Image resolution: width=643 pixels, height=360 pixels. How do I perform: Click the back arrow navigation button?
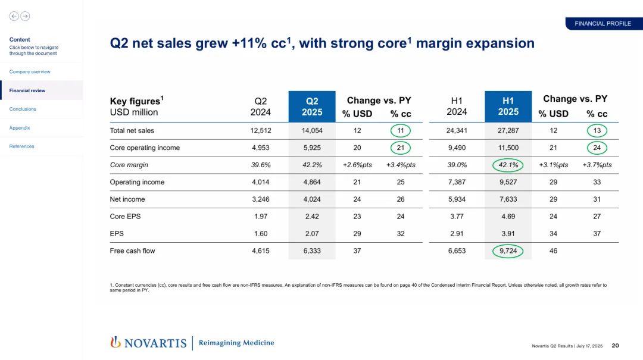point(14,16)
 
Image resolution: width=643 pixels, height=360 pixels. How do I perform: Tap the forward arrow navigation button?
point(25,16)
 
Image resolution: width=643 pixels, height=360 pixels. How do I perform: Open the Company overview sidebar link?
point(30,71)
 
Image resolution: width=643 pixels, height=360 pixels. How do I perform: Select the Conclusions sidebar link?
point(23,109)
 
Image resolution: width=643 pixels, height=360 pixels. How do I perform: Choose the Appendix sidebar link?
point(20,128)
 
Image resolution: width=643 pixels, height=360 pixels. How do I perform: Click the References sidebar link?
point(22,146)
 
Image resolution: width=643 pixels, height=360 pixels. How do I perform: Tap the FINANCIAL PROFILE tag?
point(603,24)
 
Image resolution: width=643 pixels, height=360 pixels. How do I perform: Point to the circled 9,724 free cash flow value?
point(508,251)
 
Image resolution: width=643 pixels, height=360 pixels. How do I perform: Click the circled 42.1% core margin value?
point(508,165)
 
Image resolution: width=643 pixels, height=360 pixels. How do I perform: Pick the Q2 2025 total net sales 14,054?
point(312,130)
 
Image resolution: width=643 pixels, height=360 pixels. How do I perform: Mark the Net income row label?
point(127,199)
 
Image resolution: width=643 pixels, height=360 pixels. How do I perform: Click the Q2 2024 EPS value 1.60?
point(261,234)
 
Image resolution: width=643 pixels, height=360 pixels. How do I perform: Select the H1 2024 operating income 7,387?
point(457,182)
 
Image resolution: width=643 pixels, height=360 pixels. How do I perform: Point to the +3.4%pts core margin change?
point(401,165)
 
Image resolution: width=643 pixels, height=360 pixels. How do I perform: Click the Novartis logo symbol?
point(116,342)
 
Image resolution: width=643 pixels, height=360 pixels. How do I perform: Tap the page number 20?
point(616,346)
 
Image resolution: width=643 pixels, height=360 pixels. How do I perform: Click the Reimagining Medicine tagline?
point(236,343)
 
